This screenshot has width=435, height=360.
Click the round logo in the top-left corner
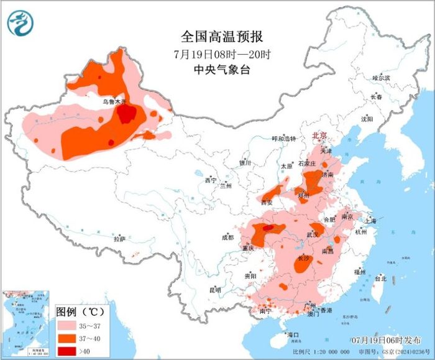coord(19,23)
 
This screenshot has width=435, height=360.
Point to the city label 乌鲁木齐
coord(114,101)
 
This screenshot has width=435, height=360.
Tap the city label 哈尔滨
coord(380,78)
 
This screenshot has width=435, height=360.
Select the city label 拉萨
coord(119,239)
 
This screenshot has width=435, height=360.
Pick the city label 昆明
coord(215,290)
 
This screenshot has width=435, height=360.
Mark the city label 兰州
coord(225,186)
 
